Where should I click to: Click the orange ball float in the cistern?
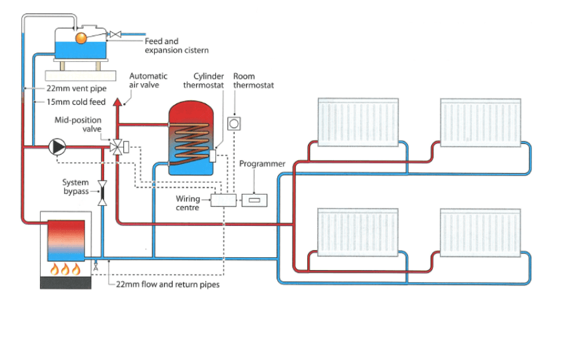[x=81, y=38]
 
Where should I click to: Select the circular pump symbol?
[x=57, y=147]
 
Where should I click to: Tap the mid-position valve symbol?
[x=117, y=147]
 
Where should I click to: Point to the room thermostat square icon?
[x=234, y=124]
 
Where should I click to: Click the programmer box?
[x=254, y=200]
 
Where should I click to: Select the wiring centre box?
[x=223, y=200]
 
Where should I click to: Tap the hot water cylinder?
[x=191, y=138]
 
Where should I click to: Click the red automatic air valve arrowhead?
[x=117, y=102]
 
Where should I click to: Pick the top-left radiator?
[x=358, y=122]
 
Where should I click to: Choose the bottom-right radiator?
[x=481, y=233]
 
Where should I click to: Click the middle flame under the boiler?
[x=65, y=269]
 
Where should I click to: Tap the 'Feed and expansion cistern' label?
[x=177, y=46]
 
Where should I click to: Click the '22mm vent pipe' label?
[x=77, y=89]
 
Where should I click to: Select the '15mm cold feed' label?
[x=76, y=102]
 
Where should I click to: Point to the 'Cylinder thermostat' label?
[x=203, y=81]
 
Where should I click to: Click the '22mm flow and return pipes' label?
[x=168, y=284]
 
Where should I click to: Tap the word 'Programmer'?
[x=262, y=164]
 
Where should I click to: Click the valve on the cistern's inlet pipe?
[x=115, y=35]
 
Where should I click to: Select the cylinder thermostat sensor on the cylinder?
[x=212, y=156]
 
